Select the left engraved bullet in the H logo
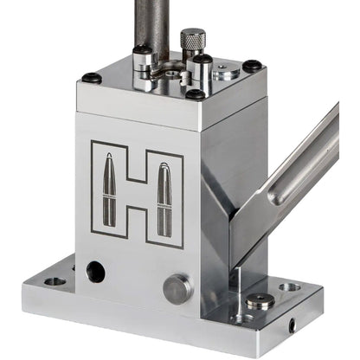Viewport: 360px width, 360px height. tap(110, 189)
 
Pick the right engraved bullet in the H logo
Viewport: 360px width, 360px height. tap(164, 200)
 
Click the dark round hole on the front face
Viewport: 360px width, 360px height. tap(95, 272)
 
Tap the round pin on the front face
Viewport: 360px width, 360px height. tap(176, 289)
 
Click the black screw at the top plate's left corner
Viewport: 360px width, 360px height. tap(91, 78)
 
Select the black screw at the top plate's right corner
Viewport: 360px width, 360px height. tap(252, 66)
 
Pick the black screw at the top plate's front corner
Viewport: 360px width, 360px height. tap(196, 93)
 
